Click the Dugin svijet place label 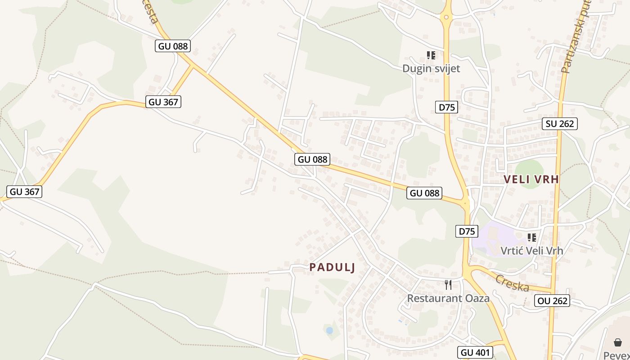point(431,68)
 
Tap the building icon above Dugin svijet point(431,55)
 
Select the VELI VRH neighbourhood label point(531,179)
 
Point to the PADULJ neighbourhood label point(332,267)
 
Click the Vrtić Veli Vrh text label point(531,250)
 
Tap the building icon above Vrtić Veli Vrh point(531,237)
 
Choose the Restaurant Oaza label point(448,298)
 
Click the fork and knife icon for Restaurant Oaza point(448,284)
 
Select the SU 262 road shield point(559,123)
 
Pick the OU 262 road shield point(553,301)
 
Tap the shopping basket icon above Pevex point(618,343)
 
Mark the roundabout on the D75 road point(446,18)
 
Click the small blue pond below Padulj point(329,330)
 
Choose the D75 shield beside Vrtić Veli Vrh point(467,231)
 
